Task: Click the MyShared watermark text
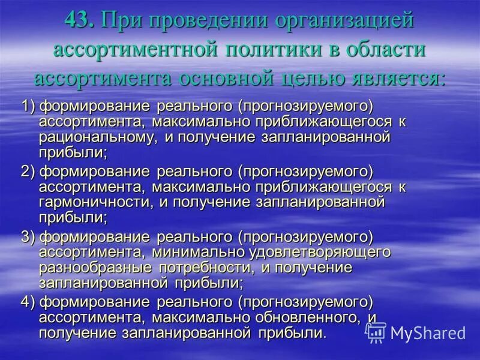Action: (428, 334)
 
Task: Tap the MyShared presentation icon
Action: (376, 332)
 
